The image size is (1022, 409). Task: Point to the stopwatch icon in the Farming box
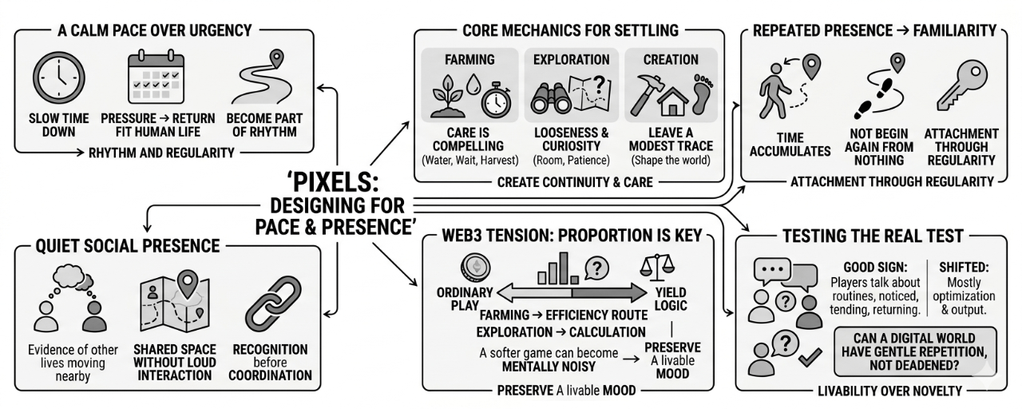pyautogui.click(x=497, y=99)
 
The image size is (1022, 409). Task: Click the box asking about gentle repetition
pyautogui.click(x=916, y=351)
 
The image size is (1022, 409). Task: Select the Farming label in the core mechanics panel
pyautogui.click(x=469, y=59)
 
